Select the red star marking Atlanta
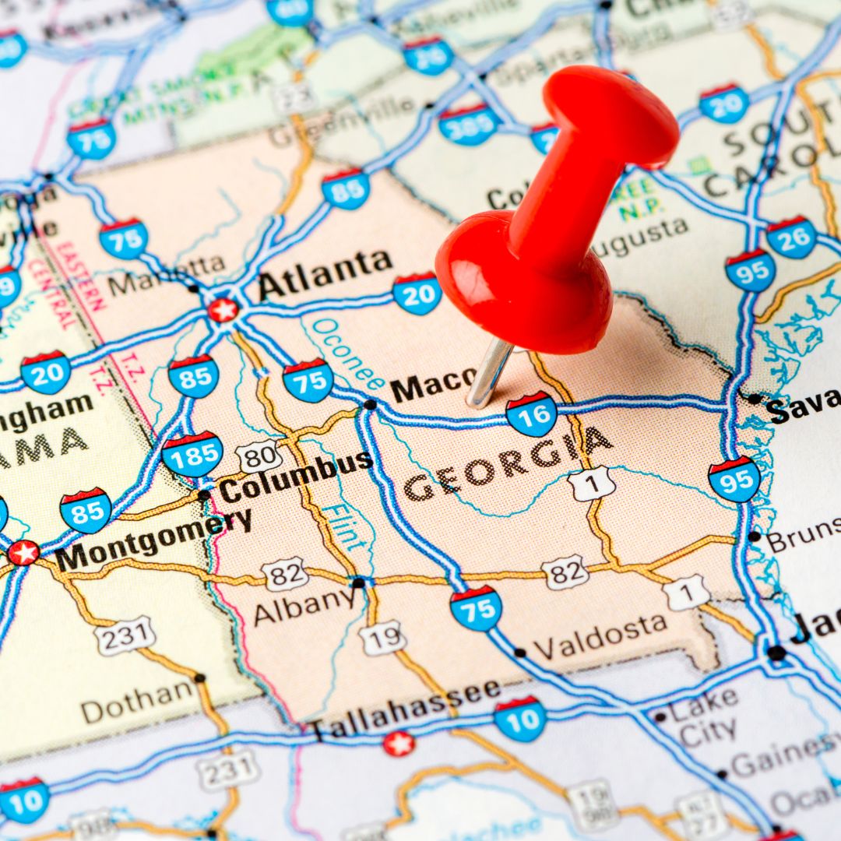[x=223, y=310]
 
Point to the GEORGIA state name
[x=506, y=465]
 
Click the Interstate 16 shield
[x=532, y=413]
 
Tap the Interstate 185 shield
[x=192, y=454]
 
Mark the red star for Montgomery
[x=23, y=552]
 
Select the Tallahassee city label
[x=405, y=710]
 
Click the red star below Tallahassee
[x=399, y=744]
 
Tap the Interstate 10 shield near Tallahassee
[x=519, y=718]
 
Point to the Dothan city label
[x=137, y=701]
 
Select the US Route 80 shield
[x=260, y=456]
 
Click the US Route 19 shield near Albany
[x=382, y=638]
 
